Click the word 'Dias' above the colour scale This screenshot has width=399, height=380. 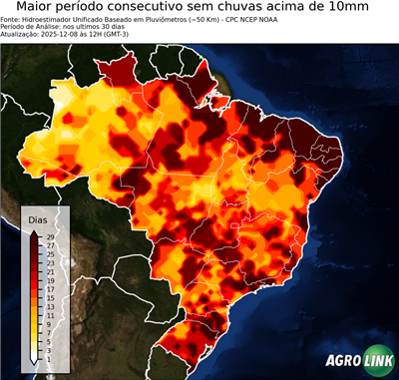click(38, 219)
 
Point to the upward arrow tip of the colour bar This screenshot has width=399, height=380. click(35, 231)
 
